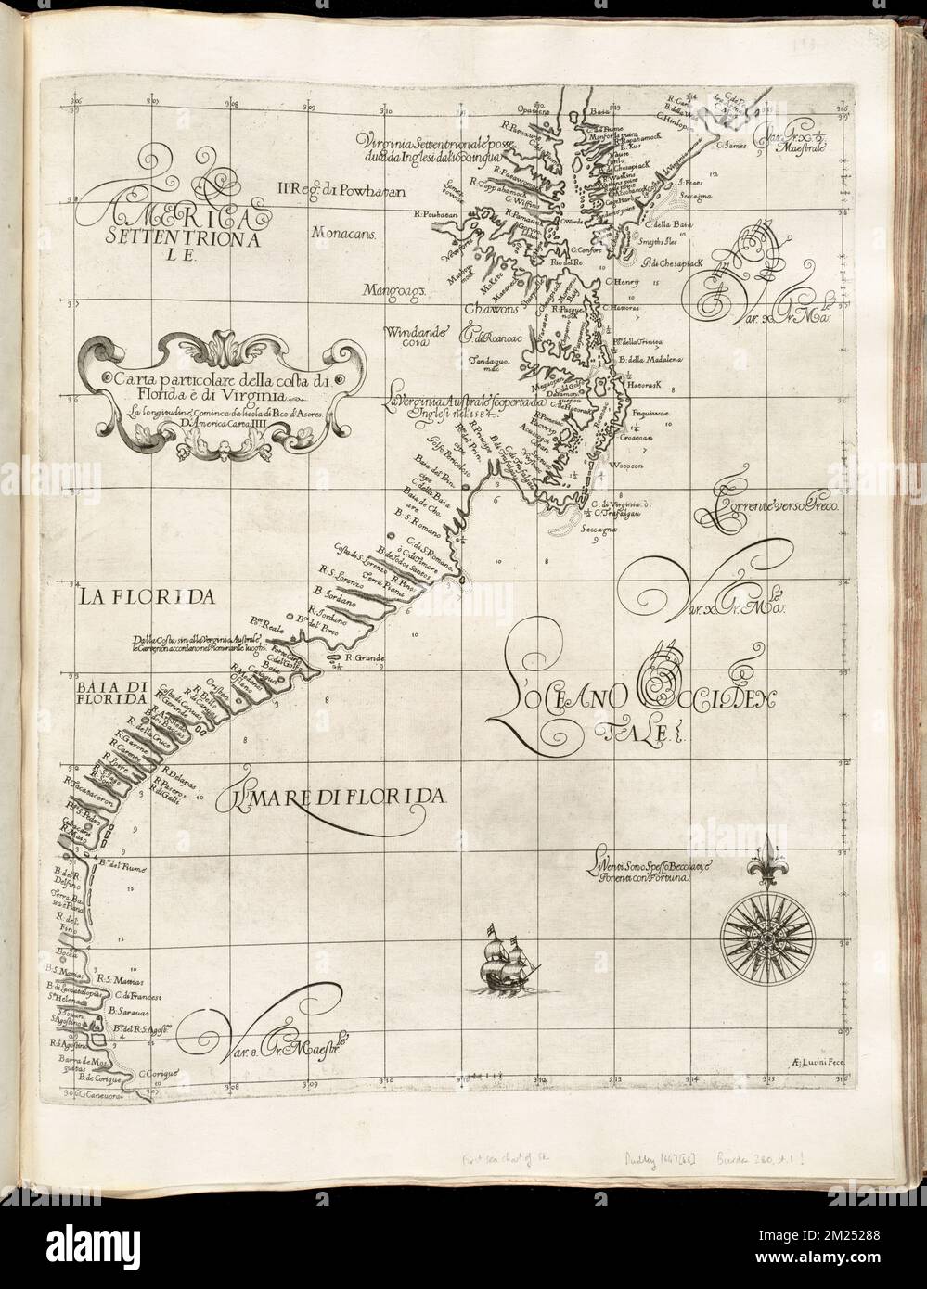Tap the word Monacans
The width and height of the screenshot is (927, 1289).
click(x=343, y=235)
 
